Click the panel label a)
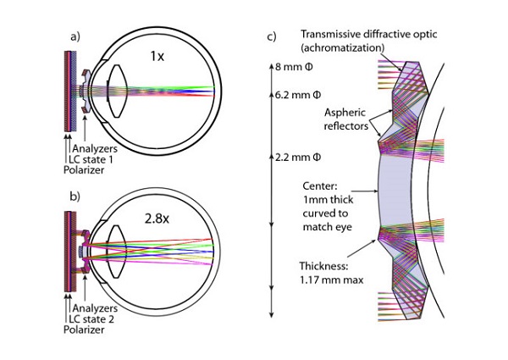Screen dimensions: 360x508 (x=74, y=37)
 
